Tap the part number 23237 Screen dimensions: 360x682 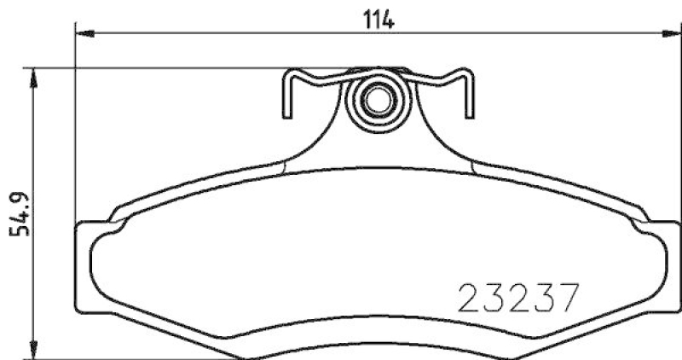pos(519,298)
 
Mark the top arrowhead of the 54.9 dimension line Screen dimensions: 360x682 pos(33,78)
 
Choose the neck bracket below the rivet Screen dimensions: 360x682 pos(375,141)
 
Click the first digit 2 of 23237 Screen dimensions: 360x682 pos(472,298)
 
